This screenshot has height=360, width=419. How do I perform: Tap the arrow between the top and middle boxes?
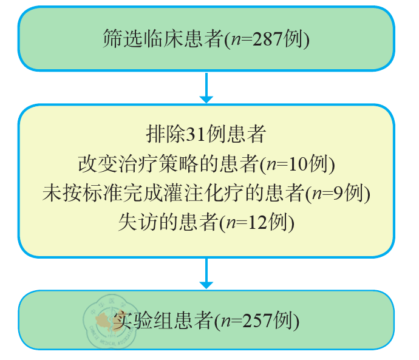click(206, 87)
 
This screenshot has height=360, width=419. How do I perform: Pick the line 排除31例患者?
click(206, 134)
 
